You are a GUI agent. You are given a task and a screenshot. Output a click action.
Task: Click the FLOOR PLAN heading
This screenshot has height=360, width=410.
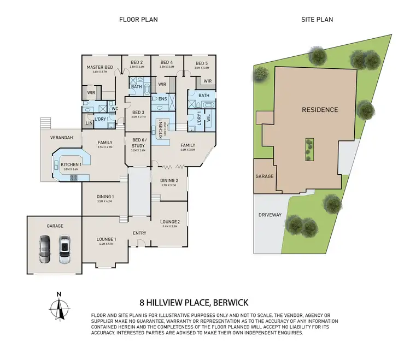139,20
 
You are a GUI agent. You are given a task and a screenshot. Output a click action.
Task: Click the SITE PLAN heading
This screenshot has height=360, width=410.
318,20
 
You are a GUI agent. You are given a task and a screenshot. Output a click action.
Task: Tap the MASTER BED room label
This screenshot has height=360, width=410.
99,67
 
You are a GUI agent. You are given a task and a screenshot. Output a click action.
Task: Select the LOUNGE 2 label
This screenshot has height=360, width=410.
169,222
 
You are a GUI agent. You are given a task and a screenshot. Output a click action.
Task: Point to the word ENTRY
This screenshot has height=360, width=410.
139,233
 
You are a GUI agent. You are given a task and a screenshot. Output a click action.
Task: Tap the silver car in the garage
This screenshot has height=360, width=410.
65,247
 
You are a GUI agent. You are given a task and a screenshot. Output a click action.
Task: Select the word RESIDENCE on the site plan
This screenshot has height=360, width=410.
320,110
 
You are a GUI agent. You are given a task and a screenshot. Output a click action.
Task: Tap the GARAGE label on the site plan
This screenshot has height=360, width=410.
264,177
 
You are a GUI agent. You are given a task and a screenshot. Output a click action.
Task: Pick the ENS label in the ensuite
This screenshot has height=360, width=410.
162,99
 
